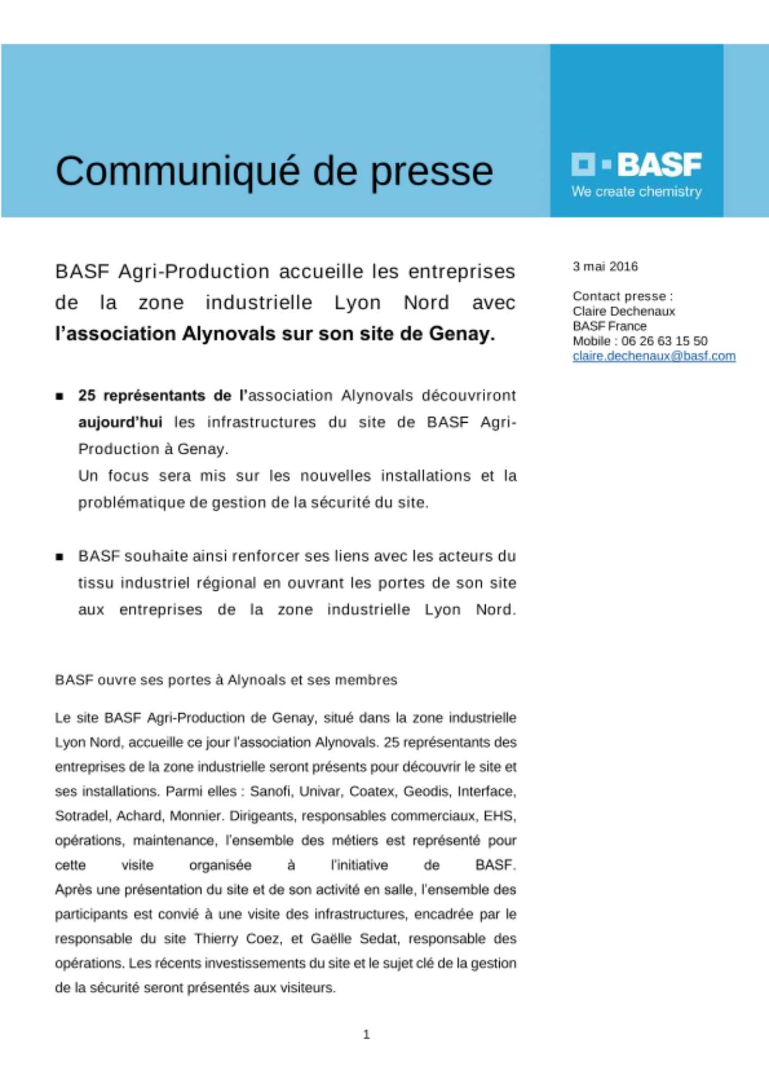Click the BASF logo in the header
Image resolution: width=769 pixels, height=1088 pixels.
point(636,164)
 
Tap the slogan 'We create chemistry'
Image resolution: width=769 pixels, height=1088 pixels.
point(636,191)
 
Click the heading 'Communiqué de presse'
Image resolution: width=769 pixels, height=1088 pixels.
point(274,171)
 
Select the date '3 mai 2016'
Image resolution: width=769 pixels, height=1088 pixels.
point(605,267)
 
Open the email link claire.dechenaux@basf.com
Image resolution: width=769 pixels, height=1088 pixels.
point(654,356)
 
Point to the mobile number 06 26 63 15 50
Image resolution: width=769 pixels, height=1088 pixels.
point(664,341)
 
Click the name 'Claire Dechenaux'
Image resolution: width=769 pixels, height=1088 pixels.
point(623,311)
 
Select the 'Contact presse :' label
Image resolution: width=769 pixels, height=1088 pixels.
point(622,296)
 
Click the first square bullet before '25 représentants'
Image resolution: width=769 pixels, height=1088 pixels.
point(59,397)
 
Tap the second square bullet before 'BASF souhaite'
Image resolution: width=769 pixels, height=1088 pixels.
point(59,557)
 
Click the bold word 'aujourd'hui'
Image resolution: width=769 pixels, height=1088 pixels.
point(120,422)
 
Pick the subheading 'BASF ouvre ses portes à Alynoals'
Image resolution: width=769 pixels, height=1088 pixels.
point(226,680)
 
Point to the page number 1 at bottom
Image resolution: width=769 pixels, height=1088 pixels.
point(366,1034)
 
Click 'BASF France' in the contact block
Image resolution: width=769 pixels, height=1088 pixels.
point(609,326)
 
